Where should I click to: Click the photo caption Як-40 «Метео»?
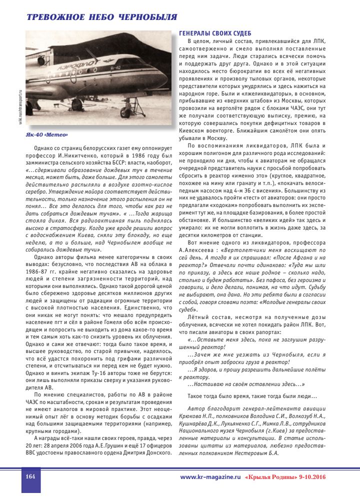tap(46, 135)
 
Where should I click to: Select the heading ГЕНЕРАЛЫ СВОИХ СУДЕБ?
tap(214, 33)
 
